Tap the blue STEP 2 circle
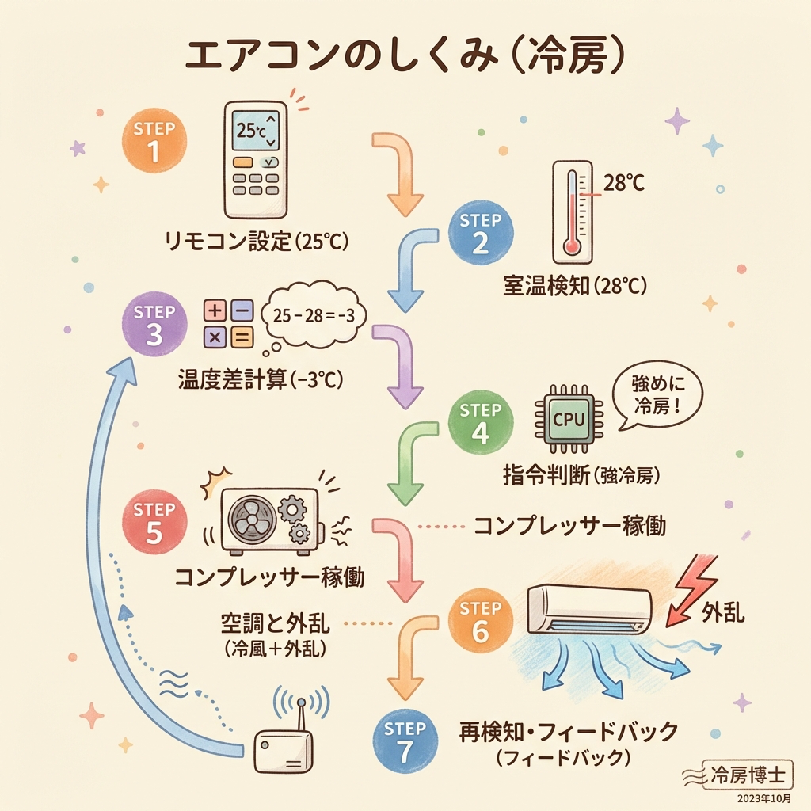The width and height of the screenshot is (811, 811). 480,233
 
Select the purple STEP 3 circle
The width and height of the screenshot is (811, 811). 154,325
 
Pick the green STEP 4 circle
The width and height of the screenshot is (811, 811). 480,424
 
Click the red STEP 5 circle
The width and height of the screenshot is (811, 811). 154,523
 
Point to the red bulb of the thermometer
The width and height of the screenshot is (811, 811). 572,246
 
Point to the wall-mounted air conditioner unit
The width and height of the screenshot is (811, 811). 590,608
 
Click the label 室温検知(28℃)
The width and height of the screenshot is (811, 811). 575,285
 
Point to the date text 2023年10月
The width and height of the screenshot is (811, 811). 763,798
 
